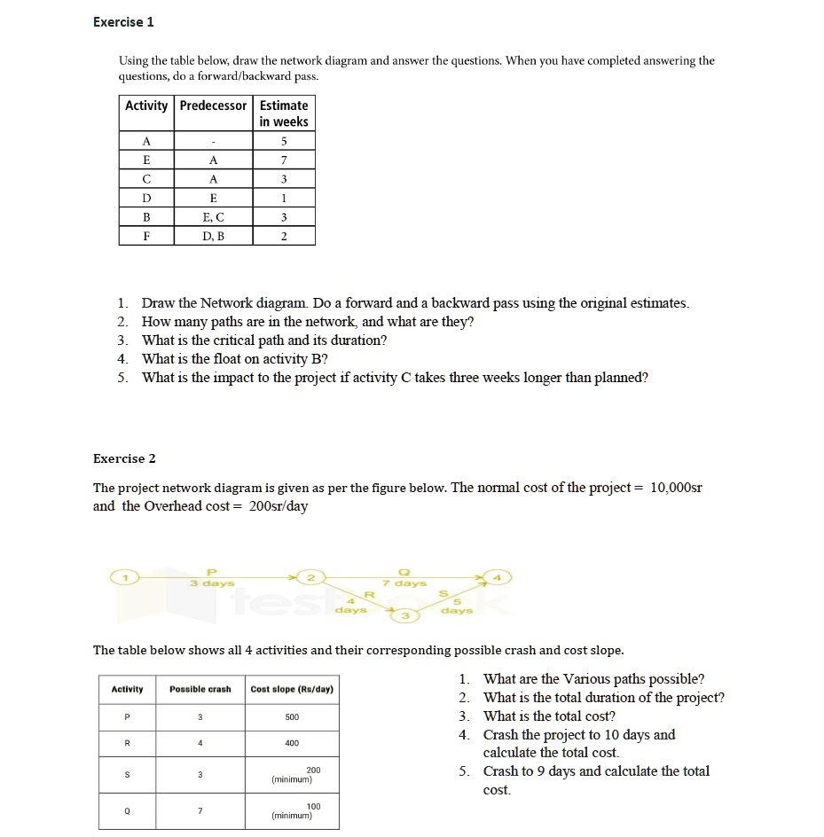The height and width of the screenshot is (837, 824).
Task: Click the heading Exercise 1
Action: click(123, 22)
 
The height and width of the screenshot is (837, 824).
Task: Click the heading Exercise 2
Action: click(124, 458)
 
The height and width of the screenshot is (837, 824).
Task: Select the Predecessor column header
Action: click(213, 106)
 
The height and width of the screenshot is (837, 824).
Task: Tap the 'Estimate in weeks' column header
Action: click(284, 113)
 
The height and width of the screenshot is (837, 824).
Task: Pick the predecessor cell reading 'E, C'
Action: click(213, 217)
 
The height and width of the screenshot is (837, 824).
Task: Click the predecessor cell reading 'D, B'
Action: click(213, 237)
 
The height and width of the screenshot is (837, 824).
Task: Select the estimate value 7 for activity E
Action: click(284, 160)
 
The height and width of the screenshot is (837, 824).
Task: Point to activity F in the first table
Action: click(146, 237)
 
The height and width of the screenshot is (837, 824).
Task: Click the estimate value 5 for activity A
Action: click(284, 140)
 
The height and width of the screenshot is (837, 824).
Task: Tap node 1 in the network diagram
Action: click(126, 578)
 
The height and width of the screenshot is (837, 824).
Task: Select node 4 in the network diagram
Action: click(498, 578)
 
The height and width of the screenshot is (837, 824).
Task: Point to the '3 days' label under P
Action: click(212, 583)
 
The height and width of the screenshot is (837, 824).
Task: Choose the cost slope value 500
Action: click(292, 716)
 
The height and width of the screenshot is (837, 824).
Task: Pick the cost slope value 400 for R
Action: click(292, 743)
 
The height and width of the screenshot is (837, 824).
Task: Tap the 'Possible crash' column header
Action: click(200, 689)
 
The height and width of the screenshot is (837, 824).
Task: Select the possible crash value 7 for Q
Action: click(200, 810)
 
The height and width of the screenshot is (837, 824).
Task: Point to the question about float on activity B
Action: click(234, 359)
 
